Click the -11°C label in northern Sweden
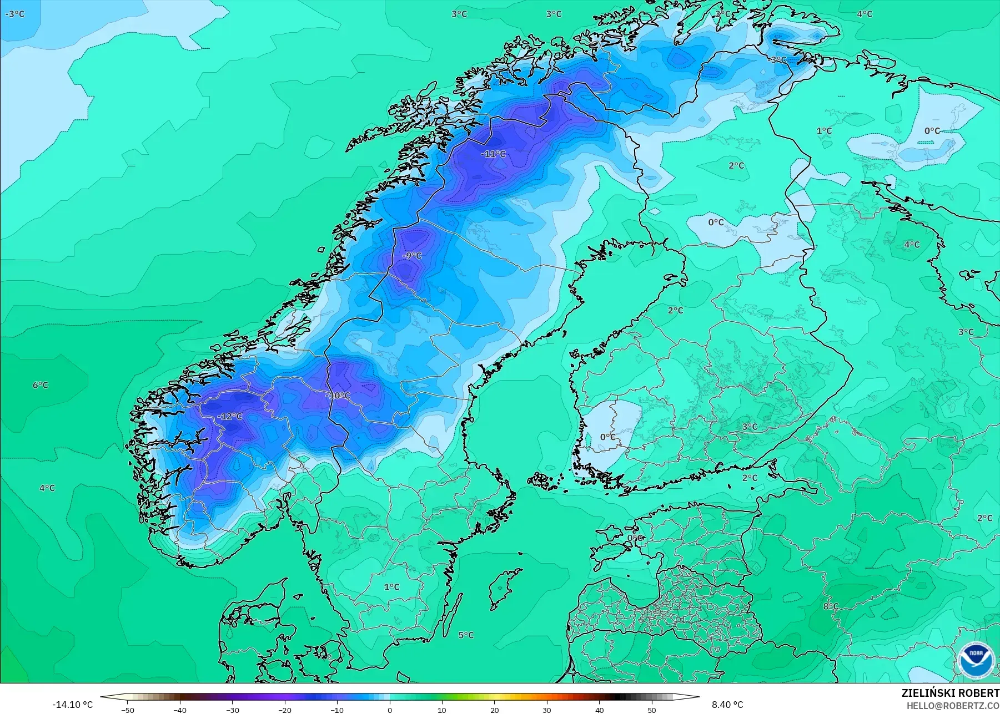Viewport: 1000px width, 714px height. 493,154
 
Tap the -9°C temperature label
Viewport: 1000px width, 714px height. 412,256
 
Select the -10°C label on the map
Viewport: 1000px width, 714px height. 338,396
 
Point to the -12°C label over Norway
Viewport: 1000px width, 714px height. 230,416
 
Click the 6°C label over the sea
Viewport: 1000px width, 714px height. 40,385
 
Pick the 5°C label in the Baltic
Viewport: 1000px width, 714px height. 466,635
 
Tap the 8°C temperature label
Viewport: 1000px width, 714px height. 831,606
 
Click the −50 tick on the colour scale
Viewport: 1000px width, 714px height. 128,710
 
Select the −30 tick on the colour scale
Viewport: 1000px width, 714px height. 232,710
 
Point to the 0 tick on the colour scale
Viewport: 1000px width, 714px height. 390,710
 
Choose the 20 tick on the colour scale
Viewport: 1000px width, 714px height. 495,710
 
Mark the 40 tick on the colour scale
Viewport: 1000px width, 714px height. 599,710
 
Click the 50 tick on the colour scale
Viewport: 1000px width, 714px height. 651,710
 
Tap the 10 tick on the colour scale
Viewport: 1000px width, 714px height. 442,710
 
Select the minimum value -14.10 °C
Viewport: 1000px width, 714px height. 72,705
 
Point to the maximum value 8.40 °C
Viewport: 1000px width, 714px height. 727,705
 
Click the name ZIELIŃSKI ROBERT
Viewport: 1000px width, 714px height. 950,693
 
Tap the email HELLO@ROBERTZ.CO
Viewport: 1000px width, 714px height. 953,706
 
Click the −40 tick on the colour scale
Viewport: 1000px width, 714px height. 180,710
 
